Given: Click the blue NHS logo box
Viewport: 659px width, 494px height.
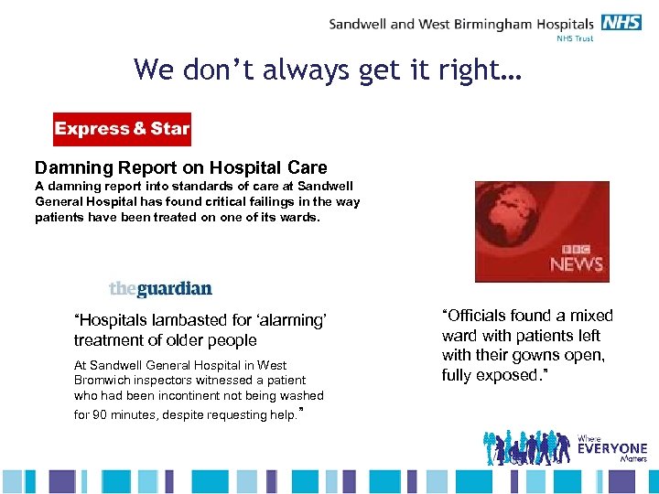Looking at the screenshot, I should [623, 23].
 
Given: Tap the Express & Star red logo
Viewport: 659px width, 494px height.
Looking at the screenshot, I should [122, 129].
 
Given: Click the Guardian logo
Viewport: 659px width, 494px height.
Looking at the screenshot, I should [160, 289].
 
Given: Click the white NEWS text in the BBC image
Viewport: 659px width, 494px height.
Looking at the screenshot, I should [577, 265].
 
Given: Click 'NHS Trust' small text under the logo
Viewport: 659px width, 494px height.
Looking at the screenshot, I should [575, 39].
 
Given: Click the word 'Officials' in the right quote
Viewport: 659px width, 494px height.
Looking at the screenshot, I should [479, 316].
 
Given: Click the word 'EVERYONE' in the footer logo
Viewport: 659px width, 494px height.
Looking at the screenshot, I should [612, 449].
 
